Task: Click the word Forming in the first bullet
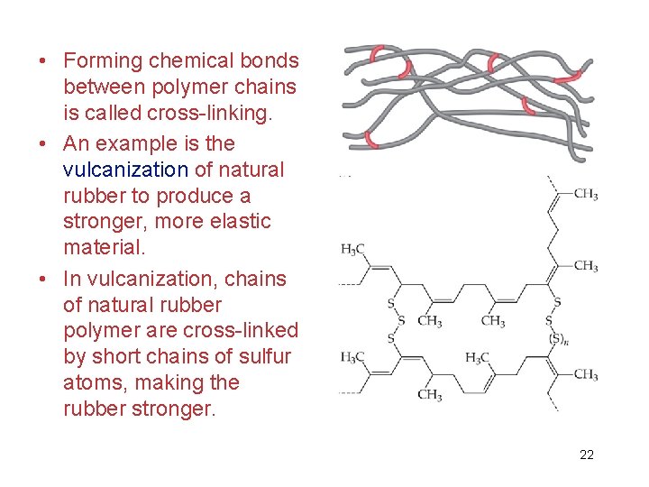click(102, 61)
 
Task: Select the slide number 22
click(587, 455)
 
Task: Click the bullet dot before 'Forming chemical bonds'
click(43, 62)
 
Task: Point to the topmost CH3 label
click(586, 195)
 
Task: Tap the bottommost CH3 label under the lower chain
click(429, 395)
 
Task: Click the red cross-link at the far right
click(567, 79)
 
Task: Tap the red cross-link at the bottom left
click(370, 139)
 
